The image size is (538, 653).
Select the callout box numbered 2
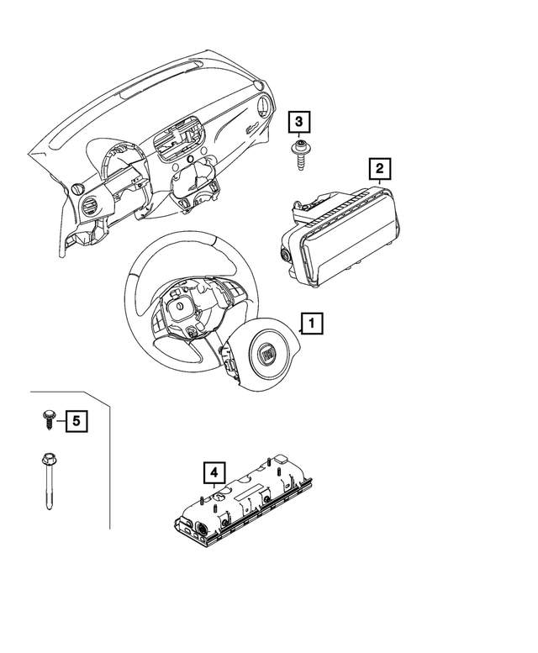[x=379, y=169]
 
